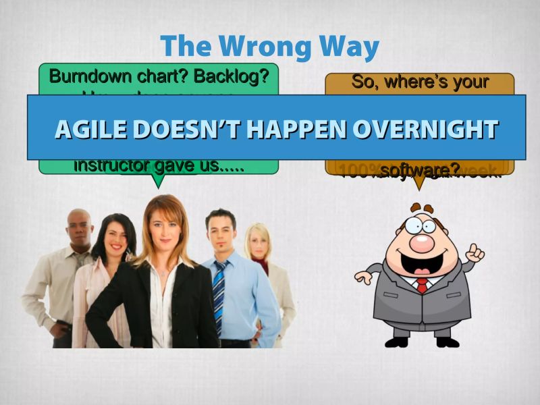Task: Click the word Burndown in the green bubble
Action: [85, 76]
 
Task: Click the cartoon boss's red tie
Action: [422, 285]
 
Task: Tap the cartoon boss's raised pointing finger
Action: [477, 251]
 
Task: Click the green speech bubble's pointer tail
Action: [157, 181]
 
